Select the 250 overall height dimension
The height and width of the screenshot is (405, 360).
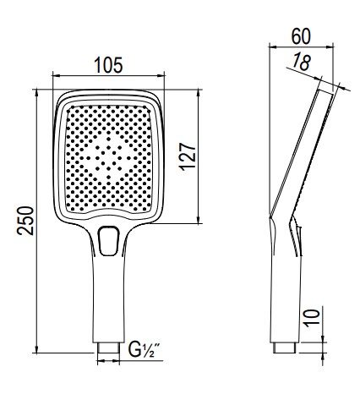tap(26, 222)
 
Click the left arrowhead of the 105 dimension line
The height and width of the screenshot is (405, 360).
tap(56, 74)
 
